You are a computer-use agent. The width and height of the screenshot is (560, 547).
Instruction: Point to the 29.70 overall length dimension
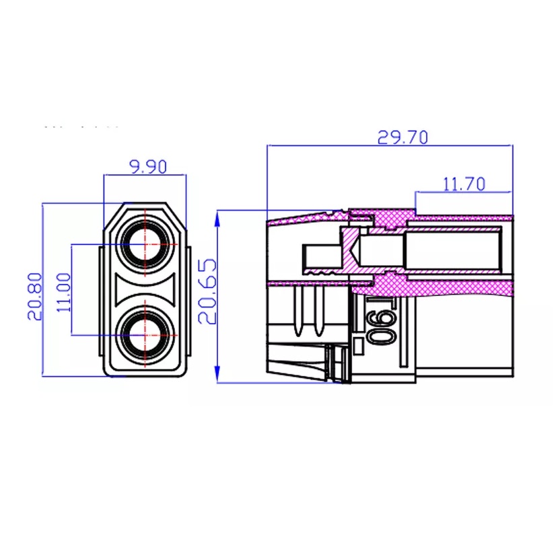[x=403, y=137]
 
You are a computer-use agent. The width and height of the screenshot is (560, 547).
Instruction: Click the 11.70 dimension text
[x=463, y=184]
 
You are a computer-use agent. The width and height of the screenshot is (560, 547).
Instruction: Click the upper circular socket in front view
[x=145, y=244]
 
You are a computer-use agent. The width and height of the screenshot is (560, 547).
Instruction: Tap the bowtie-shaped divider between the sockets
[x=145, y=289]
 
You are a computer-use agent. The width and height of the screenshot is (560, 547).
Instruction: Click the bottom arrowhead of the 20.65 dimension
[x=217, y=377]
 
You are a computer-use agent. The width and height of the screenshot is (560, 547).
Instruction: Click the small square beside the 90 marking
[x=357, y=347]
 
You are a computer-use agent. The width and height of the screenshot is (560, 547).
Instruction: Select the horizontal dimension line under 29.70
[x=390, y=145]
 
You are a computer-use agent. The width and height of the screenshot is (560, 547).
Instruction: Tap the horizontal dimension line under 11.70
[x=464, y=192]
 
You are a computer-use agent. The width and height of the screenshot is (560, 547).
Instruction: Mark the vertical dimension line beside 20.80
[x=42, y=289]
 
